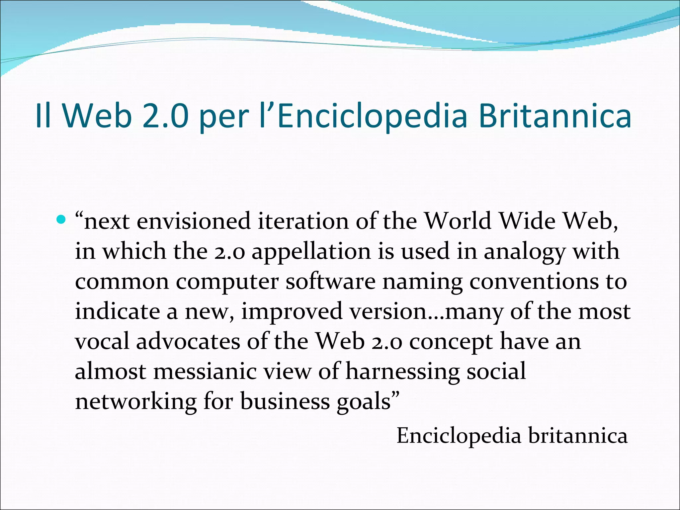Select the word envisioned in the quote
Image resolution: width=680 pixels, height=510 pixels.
coord(194,222)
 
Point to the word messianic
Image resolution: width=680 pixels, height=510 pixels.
coord(205,372)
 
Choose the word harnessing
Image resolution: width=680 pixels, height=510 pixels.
coord(402,372)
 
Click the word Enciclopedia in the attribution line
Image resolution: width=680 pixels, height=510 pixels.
coord(459,436)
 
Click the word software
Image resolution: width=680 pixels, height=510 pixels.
coord(330,282)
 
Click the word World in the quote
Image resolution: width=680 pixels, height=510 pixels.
coord(458,221)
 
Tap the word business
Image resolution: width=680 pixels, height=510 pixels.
coord(285,402)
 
